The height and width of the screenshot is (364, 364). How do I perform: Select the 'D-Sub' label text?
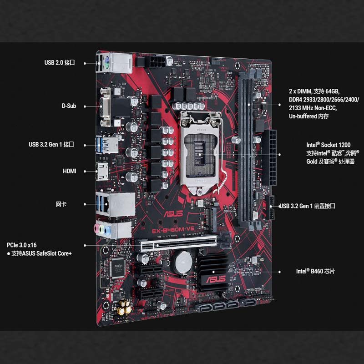coord(69,106)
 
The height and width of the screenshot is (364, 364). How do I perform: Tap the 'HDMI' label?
coord(69,171)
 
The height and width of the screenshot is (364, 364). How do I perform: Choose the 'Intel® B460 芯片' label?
coord(315,271)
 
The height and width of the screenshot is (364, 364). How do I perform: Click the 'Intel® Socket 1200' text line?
coord(328,145)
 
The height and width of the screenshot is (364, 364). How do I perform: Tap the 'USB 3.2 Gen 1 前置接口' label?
coord(308,206)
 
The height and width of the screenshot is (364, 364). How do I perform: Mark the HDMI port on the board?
coord(102,171)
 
